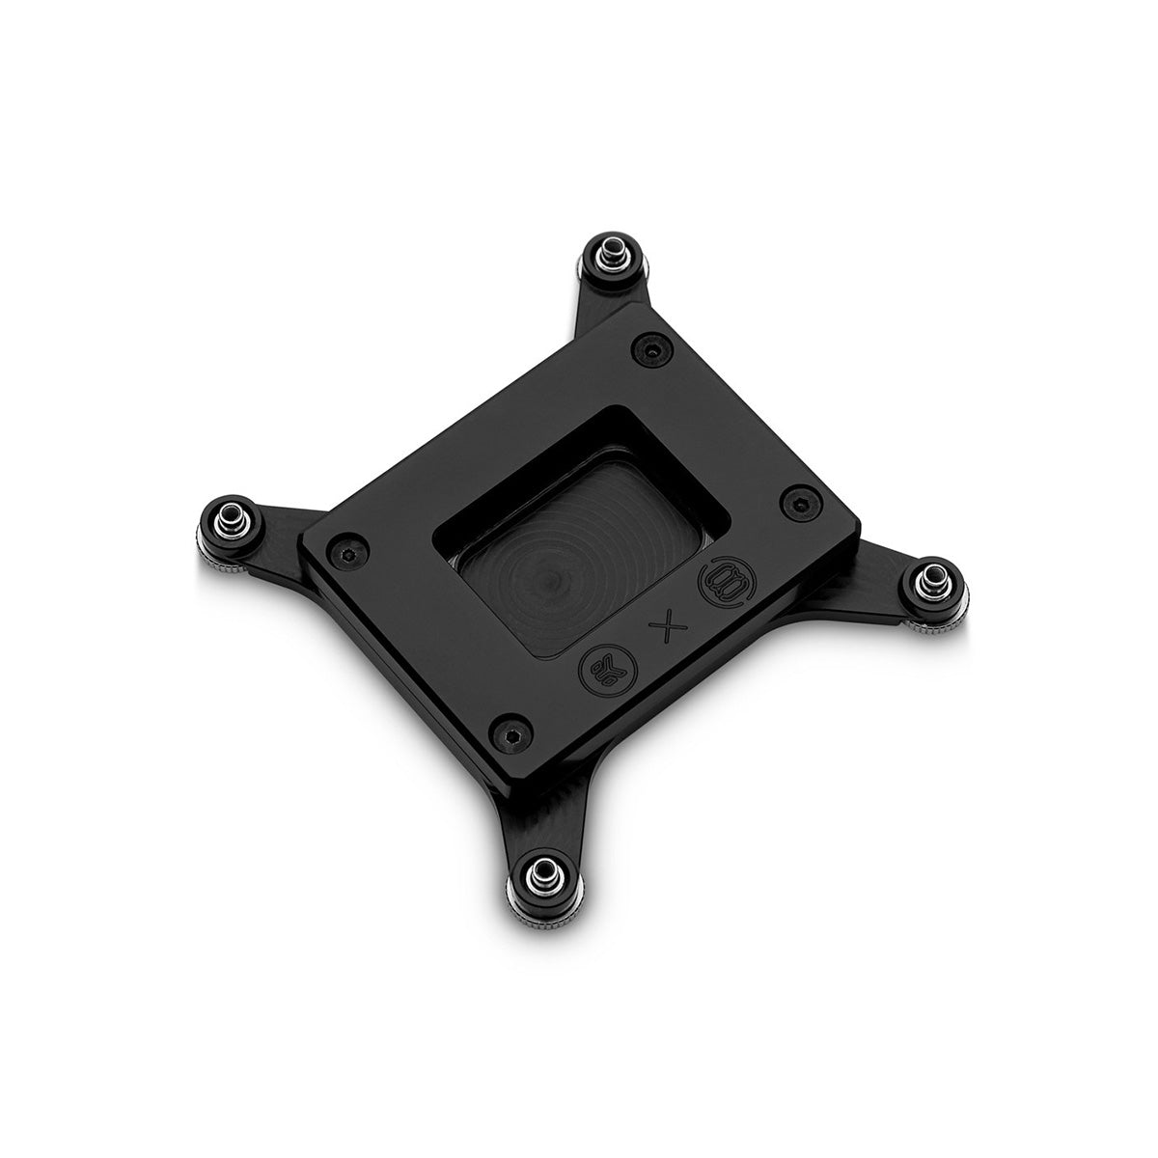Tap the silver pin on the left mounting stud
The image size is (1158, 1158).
tap(228, 510)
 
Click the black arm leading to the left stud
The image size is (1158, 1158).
tap(280, 526)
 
